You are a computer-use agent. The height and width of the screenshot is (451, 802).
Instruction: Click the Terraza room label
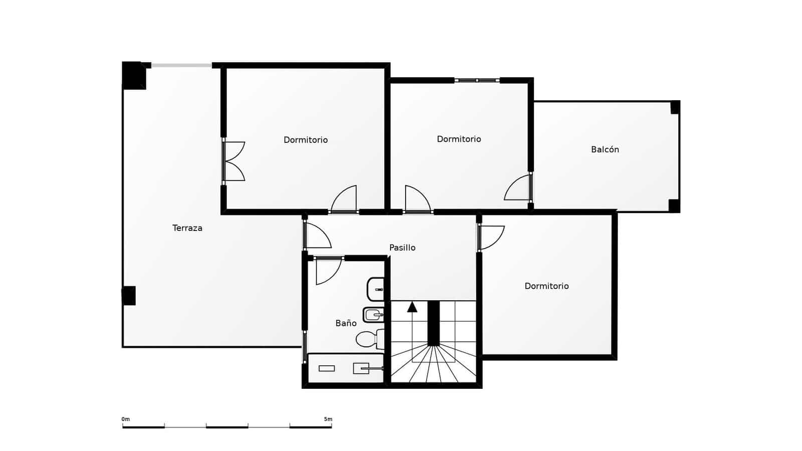pyautogui.click(x=187, y=228)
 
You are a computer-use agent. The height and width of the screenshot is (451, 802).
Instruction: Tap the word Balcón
pyautogui.click(x=605, y=149)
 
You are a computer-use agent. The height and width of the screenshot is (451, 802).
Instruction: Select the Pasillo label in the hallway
pyautogui.click(x=402, y=248)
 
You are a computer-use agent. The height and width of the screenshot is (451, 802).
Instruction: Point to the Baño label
pyautogui.click(x=346, y=323)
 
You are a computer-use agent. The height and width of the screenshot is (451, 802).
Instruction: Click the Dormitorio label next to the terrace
pyautogui.click(x=305, y=140)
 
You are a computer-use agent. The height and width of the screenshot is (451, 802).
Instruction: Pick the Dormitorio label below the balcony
pyautogui.click(x=546, y=286)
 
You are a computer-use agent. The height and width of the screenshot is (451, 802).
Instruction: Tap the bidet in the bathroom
pyautogui.click(x=373, y=315)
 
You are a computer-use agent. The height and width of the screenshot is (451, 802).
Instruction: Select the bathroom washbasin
pyautogui.click(x=375, y=289)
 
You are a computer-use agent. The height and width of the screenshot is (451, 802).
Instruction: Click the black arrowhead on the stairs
pyautogui.click(x=412, y=307)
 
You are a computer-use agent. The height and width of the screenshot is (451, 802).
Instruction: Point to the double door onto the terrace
pyautogui.click(x=233, y=161)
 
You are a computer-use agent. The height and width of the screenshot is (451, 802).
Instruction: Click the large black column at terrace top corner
pyautogui.click(x=133, y=75)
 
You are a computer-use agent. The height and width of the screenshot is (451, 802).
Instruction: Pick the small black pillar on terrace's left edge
pyautogui.click(x=129, y=296)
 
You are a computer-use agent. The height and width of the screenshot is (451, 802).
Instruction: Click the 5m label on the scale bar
pyautogui.click(x=328, y=419)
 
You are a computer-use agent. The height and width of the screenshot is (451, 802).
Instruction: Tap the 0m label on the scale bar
pyautogui.click(x=125, y=419)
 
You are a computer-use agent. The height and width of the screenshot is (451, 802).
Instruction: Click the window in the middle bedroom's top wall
pyautogui.click(x=477, y=80)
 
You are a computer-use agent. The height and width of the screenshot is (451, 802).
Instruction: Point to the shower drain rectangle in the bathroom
pyautogui.click(x=326, y=368)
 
